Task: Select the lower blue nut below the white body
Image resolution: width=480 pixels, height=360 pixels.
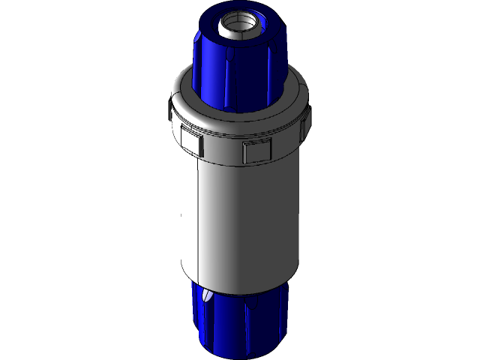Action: coord(240,322)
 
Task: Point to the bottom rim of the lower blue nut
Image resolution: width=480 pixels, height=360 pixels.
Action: coord(240,352)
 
